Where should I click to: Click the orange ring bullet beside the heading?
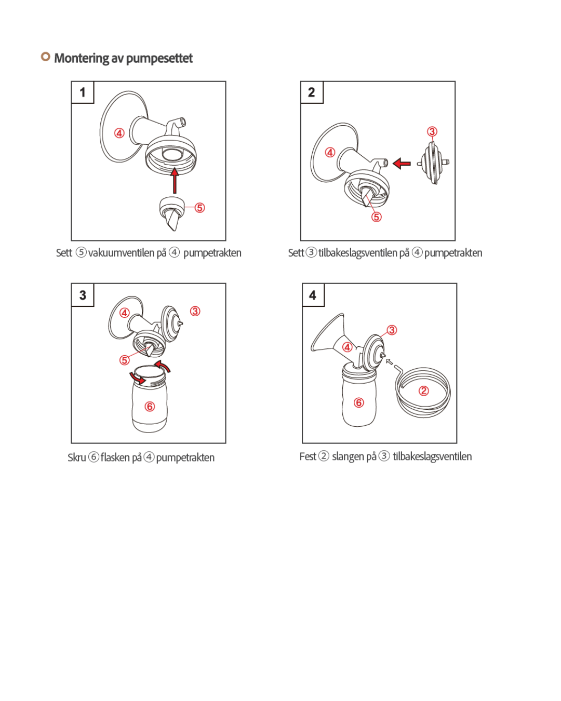point(45,57)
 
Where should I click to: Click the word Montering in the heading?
point(82,58)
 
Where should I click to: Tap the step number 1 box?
point(83,92)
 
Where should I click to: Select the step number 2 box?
point(312,92)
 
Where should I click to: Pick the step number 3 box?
point(83,295)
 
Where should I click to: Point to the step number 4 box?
point(313,295)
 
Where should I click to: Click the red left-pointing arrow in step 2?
point(402,163)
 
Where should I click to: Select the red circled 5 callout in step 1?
point(200,208)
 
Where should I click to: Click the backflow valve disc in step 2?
point(433,163)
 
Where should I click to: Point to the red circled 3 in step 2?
point(432,131)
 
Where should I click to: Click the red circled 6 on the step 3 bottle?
point(150,406)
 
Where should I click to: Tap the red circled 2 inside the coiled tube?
point(423,390)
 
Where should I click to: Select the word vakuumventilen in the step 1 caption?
point(127,253)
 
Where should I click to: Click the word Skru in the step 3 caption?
point(76,457)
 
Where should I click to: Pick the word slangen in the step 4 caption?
point(354,457)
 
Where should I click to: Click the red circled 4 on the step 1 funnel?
point(119,133)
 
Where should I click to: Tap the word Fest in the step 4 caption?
point(308,456)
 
